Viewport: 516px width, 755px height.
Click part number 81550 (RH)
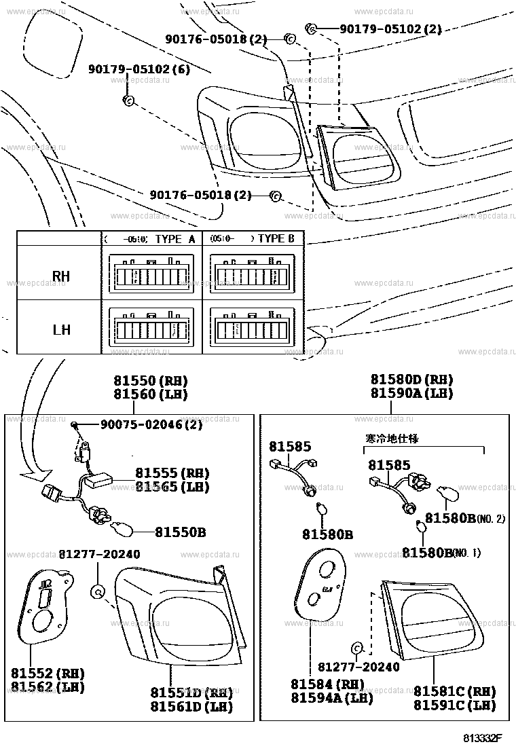150,380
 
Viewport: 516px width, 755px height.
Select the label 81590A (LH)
411,393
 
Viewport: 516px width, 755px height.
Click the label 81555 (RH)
172,473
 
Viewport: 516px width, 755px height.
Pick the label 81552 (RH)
47,674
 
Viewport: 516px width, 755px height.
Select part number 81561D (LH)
191,707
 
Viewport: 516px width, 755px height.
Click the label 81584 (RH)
322,684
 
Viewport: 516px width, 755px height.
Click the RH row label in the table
61,276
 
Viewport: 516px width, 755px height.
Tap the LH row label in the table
61,331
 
